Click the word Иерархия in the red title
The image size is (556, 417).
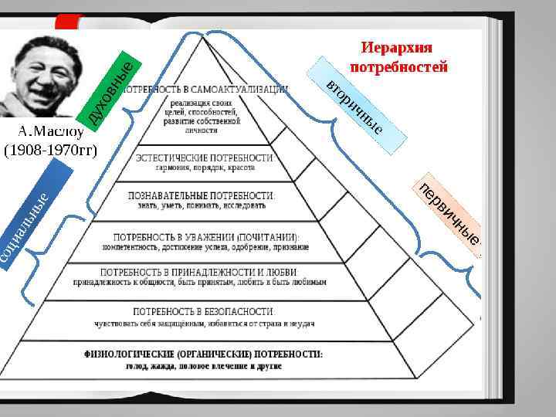398,49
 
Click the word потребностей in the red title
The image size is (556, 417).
398,67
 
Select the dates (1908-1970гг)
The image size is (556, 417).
49,148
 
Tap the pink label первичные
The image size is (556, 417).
449,215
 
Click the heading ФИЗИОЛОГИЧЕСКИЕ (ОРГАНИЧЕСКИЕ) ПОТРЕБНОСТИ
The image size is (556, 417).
204,354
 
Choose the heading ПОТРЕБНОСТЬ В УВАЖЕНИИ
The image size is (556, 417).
178,236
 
